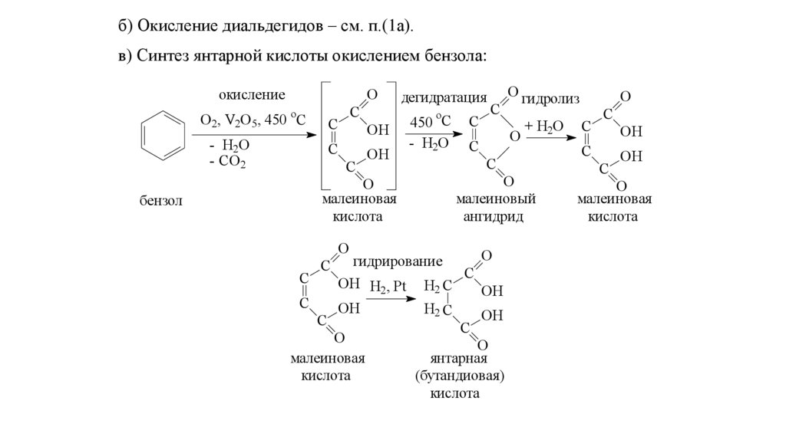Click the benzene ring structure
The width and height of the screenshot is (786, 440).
163,135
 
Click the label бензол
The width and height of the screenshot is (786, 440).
160,201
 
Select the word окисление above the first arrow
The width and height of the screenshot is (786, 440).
252,94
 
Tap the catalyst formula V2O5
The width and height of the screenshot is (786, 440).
241,120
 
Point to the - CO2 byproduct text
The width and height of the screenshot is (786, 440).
227,163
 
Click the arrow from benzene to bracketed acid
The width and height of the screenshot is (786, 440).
254,134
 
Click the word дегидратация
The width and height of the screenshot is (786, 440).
444,97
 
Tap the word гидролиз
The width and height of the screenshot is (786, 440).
550,99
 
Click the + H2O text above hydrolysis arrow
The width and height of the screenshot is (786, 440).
544,126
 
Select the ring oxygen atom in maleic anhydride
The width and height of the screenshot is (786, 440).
514,136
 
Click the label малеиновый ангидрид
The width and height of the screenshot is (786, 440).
495,208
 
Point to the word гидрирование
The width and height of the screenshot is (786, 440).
398,261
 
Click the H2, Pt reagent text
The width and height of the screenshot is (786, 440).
388,287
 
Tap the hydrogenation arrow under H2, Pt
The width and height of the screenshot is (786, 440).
391,299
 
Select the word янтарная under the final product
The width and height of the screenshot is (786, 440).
459,359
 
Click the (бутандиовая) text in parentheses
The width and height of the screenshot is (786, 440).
459,376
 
